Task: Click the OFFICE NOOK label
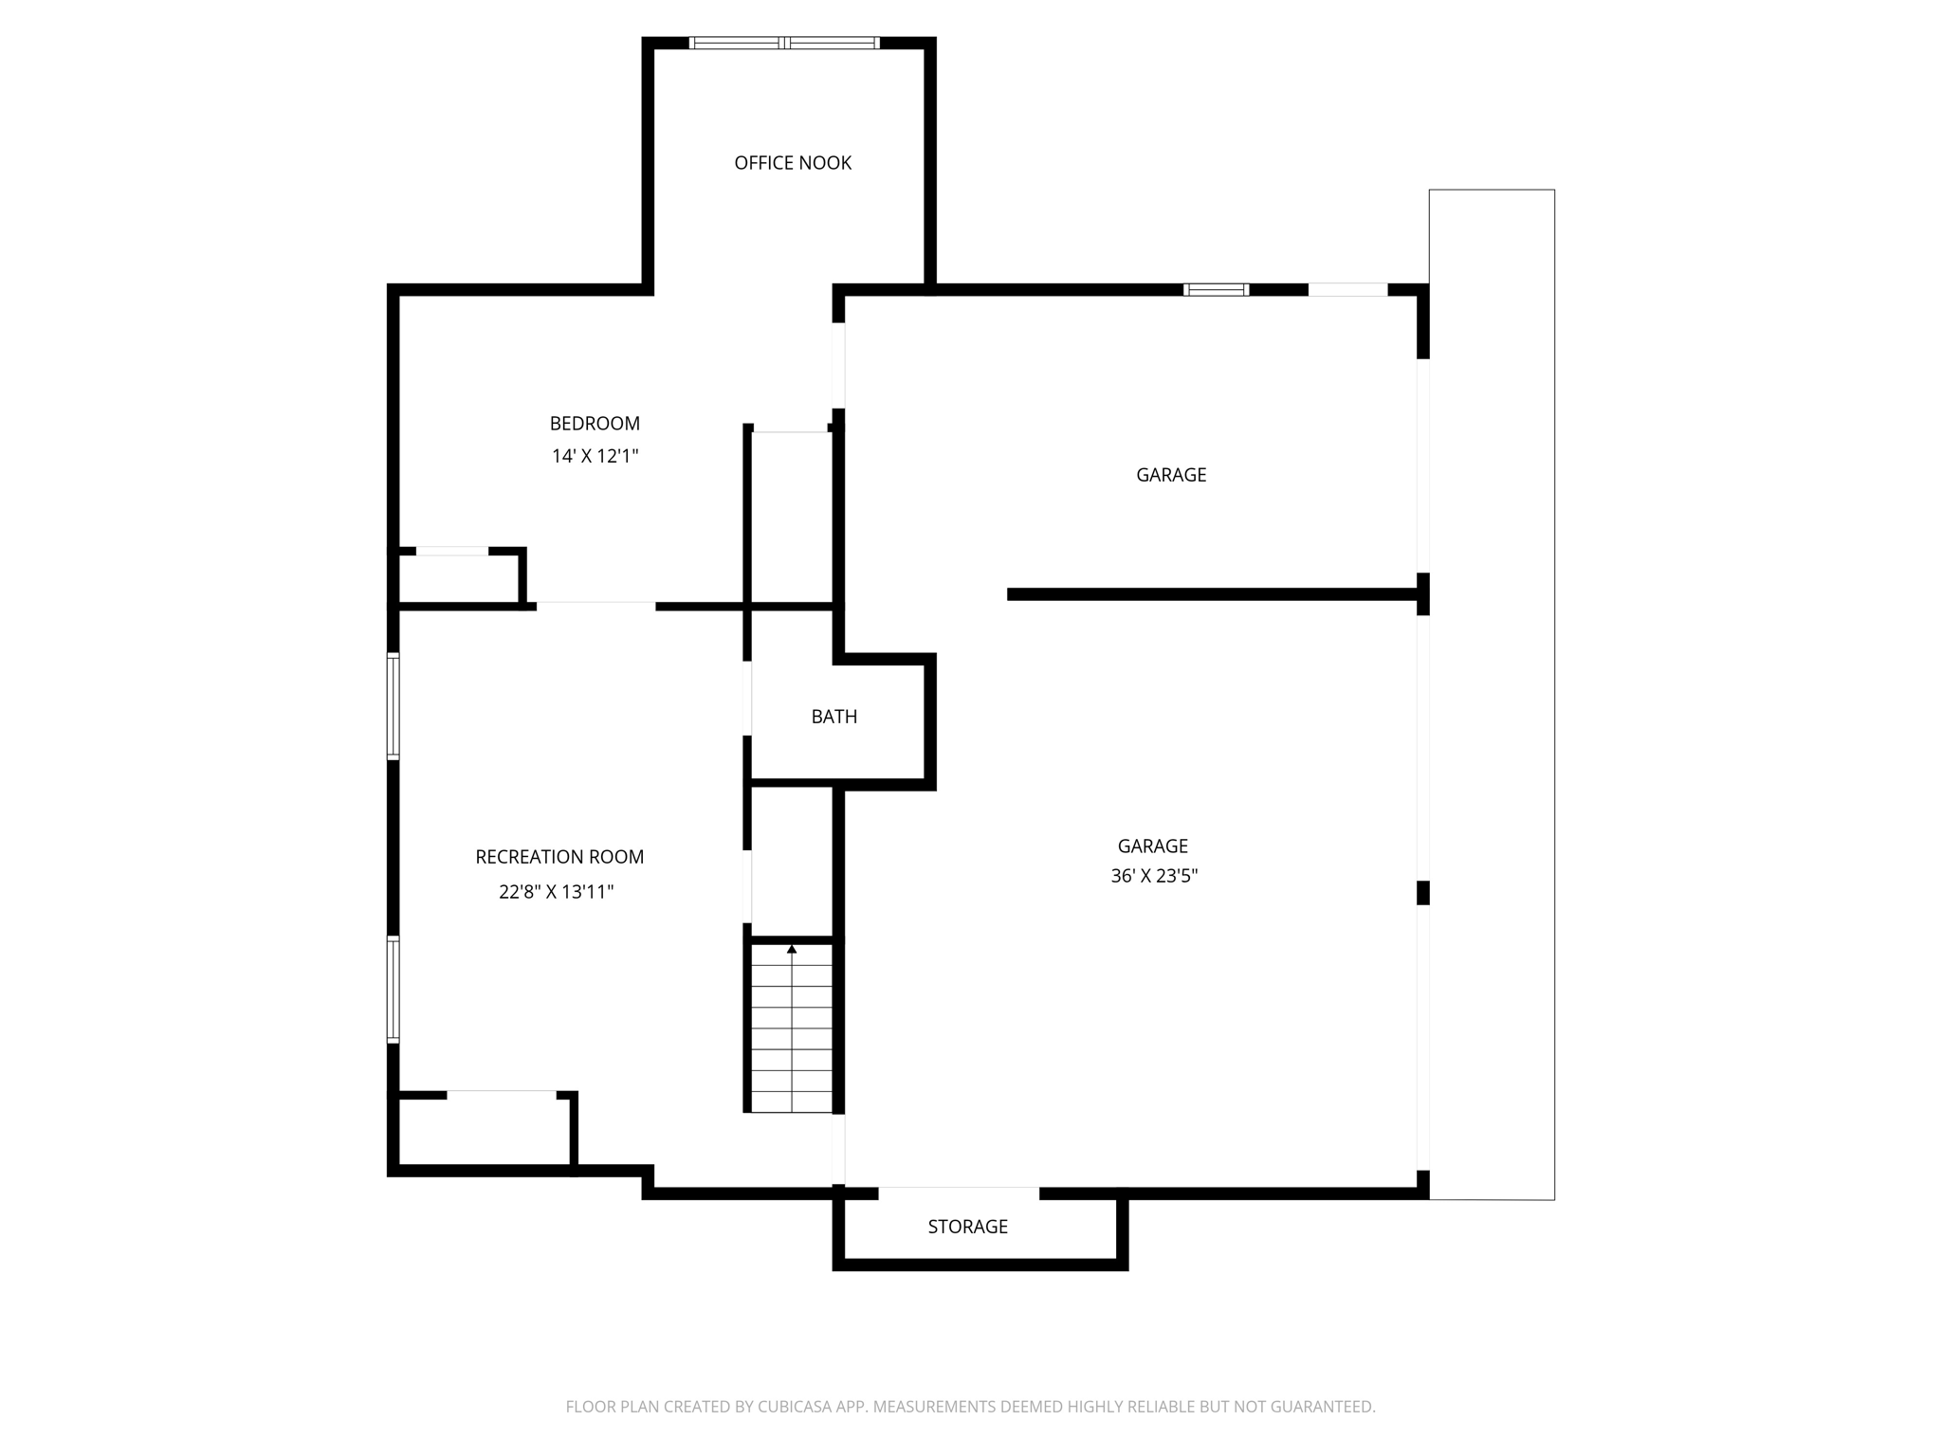pos(793,163)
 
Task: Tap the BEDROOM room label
pos(595,424)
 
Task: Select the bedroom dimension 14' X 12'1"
pos(595,456)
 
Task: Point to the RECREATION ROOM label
pos(559,857)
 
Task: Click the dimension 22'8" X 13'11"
pos(557,892)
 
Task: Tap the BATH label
pos(834,717)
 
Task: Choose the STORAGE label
pos(967,1227)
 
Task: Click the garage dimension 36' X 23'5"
pos(1154,876)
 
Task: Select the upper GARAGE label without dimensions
pos(1171,475)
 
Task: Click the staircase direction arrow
pos(792,949)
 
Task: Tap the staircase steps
pos(792,1033)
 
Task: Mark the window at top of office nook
pos(784,43)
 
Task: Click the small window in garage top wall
pos(1217,290)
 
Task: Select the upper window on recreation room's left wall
pos(393,706)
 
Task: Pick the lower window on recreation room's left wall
pos(393,990)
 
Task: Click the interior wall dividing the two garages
pos(1214,594)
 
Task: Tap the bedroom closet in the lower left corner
pos(458,578)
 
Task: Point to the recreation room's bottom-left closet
pos(484,1132)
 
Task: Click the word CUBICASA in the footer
pos(795,1407)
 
